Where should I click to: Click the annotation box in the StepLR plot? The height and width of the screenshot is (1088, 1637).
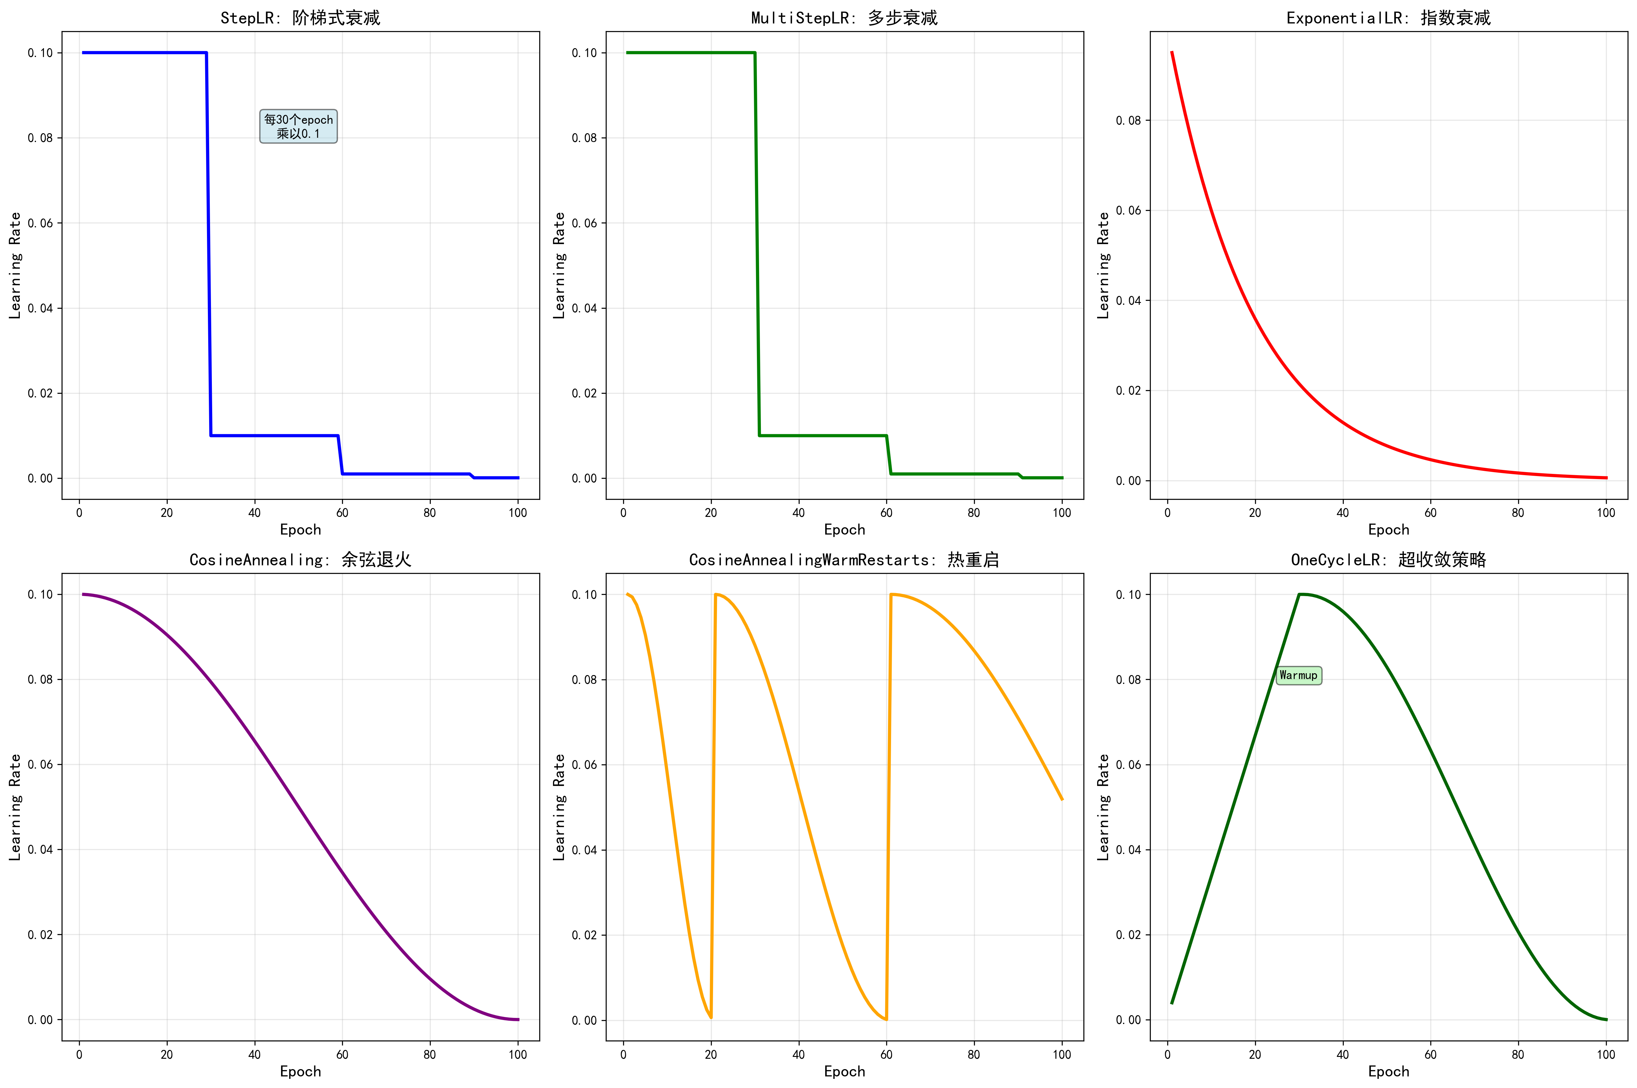pyautogui.click(x=298, y=126)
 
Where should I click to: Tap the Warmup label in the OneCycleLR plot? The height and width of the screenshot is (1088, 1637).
pyautogui.click(x=1298, y=675)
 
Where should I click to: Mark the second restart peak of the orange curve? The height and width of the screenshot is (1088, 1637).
pyautogui.click(x=891, y=594)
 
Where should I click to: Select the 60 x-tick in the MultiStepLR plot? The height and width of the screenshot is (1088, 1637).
pyautogui.click(x=886, y=513)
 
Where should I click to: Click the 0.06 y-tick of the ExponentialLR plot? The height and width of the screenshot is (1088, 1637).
pyautogui.click(x=1128, y=210)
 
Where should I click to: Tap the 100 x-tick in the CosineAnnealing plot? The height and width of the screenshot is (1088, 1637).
pyautogui.click(x=518, y=1055)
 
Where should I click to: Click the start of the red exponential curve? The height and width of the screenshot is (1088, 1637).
pyautogui.click(x=1172, y=52)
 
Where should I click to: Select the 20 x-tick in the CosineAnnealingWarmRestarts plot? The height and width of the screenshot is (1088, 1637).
pyautogui.click(x=711, y=1055)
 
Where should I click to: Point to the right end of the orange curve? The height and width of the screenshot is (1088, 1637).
pyautogui.click(x=1062, y=799)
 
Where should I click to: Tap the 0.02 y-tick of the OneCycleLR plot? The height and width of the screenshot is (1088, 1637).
pyautogui.click(x=1128, y=935)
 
